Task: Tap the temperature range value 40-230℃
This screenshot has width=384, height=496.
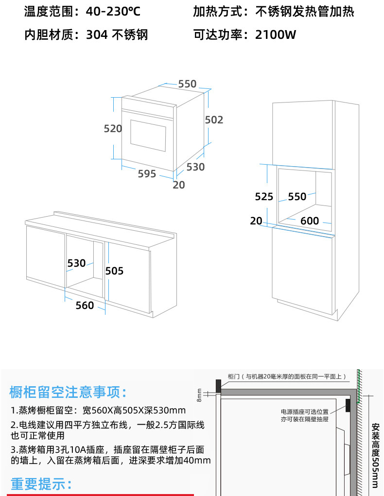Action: click(x=113, y=11)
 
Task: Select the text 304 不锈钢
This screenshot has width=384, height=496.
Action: click(x=117, y=34)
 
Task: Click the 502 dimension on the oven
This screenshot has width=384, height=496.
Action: click(x=214, y=120)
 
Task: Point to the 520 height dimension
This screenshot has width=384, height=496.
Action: click(x=113, y=128)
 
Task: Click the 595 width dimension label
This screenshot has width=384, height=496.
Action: click(x=147, y=173)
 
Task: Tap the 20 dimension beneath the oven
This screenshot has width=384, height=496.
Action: click(x=179, y=185)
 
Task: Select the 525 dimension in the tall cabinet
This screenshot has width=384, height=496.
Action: click(x=264, y=196)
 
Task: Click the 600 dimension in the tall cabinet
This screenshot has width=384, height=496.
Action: click(x=310, y=221)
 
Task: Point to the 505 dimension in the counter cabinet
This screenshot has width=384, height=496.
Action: click(x=115, y=271)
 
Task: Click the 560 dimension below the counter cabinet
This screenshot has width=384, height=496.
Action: click(x=85, y=305)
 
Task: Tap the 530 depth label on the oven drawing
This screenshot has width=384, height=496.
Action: click(x=196, y=167)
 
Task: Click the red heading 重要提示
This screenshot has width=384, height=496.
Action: click(x=41, y=484)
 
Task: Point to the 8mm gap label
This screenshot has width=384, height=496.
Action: click(x=199, y=395)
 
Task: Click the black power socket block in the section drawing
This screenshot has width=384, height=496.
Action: click(x=349, y=404)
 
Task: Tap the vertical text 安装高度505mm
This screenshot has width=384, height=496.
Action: click(x=375, y=454)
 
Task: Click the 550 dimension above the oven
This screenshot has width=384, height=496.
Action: click(x=187, y=84)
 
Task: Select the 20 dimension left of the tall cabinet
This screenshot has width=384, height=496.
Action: click(x=256, y=221)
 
